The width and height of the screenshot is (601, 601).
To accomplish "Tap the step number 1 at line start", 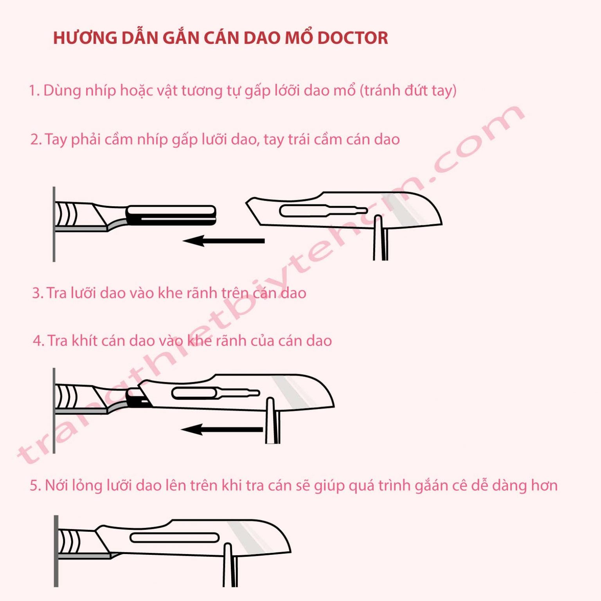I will [33, 91].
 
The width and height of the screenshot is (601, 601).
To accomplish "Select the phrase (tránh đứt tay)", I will [408, 90].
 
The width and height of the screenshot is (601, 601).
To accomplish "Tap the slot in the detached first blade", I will [323, 211].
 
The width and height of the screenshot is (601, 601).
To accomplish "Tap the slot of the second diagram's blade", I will [215, 393].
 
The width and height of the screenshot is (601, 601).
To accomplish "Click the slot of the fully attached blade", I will [175, 538].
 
